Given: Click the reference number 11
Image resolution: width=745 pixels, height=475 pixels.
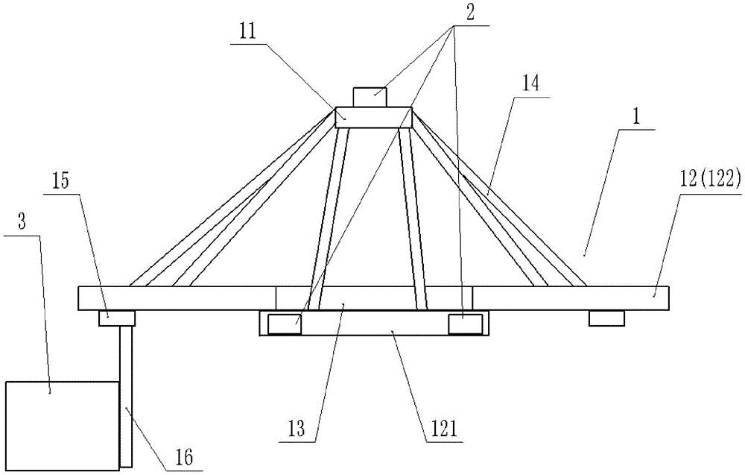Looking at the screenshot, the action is tap(248, 32).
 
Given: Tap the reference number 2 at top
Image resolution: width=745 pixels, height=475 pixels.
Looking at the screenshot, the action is tap(470, 13).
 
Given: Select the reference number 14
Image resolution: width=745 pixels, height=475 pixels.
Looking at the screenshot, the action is tap(530, 84).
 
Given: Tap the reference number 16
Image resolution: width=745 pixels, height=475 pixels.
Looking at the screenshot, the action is tap(184, 458).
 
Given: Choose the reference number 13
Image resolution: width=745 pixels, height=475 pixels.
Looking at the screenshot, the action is tap(297, 430).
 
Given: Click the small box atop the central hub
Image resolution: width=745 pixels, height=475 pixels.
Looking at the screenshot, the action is tap(370, 98).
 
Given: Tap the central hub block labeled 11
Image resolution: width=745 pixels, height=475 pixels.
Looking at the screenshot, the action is tap(373, 117).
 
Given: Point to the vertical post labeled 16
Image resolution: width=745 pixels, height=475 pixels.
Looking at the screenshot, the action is tap(126, 396).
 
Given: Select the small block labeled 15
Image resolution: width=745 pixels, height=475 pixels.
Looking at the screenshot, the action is tap(117, 318).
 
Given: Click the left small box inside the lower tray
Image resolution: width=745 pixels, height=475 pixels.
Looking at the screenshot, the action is tap(284, 324).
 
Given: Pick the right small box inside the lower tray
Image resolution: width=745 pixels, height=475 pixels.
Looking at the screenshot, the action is tap(466, 324).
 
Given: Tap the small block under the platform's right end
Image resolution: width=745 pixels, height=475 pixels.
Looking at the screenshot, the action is tap(606, 318).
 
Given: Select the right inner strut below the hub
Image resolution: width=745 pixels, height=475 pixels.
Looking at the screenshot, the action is tap(413, 218).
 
